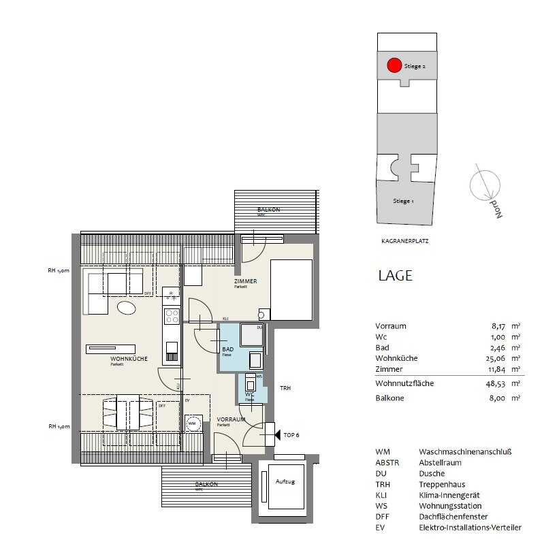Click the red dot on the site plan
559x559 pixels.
click(394, 66)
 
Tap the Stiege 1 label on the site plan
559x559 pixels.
click(403, 202)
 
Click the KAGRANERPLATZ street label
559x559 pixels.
click(404, 241)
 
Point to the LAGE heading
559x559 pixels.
click(395, 276)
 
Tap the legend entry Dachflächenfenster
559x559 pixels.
click(453, 517)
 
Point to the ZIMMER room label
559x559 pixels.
click(244, 281)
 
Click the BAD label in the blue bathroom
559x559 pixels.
click(227, 349)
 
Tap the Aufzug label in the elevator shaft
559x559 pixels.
click(285, 481)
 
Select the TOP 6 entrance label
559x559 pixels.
click(291, 434)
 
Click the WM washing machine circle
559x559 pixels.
click(192, 424)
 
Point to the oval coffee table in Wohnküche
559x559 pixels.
click(126, 308)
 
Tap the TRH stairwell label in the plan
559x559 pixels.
click(285, 388)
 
